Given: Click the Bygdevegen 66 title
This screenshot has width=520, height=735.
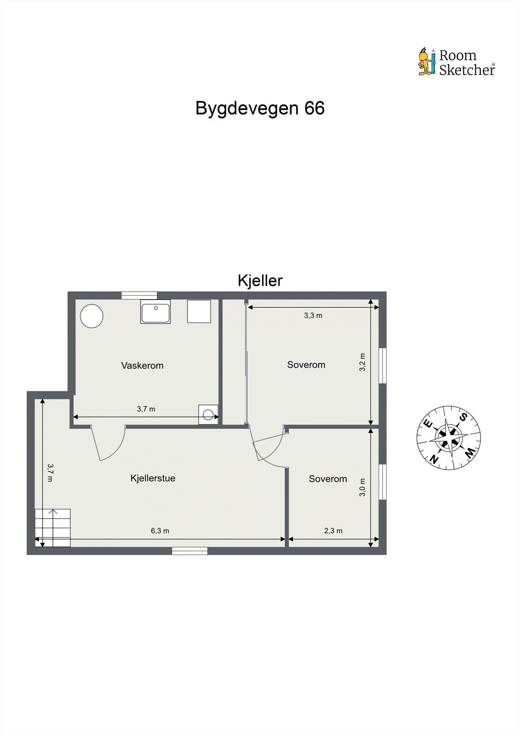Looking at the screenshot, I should pos(260,108).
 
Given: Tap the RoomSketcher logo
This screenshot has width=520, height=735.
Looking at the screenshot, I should pos(457,62).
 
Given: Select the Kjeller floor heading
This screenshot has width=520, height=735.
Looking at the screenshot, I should pos(260,280).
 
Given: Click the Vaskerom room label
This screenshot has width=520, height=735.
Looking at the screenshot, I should pos(142,366).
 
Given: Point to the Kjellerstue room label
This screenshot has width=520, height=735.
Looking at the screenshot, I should pos(153,478).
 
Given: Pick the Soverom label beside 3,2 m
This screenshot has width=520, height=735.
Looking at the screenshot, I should pos(306,365).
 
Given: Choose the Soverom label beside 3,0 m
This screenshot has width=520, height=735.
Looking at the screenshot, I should pos(328,479).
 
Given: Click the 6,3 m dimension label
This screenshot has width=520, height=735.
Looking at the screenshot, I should pos(160,531).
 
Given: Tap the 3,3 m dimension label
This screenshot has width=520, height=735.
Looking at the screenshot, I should pos(313,316).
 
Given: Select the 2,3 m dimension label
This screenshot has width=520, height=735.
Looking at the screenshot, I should pos(333,531).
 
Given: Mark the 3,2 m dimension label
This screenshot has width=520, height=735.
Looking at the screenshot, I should pos(362,362).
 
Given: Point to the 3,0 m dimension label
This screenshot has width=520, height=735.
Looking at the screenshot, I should pos(362,487).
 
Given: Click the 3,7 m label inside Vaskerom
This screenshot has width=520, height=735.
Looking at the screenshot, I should pos(146,409).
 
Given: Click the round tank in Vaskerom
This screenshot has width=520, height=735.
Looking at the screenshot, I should pos(91,316).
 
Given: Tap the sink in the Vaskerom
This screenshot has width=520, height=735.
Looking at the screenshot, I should pos(155,312).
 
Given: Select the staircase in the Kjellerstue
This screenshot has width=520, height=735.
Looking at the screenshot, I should pos(53,527).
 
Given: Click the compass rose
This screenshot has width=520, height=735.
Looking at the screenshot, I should pos(448,438).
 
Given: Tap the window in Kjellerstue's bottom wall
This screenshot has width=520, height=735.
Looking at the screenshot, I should pos(189,551).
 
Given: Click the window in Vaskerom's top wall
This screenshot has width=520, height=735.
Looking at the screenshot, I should pos(139,295).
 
